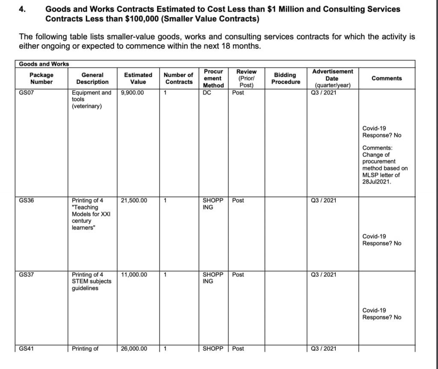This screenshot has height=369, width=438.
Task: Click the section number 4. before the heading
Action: [x=23, y=9]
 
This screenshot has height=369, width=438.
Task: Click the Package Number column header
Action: [x=41, y=78]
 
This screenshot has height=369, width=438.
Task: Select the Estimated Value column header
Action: [x=138, y=78]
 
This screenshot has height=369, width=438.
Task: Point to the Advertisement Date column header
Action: [x=332, y=78]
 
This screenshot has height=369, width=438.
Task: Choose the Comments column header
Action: [x=387, y=78]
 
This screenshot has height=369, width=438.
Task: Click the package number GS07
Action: [x=26, y=92]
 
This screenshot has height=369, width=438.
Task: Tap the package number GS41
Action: [x=26, y=348]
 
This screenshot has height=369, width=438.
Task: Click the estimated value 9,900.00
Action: [x=132, y=92]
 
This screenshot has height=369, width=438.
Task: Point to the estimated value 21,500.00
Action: [x=134, y=200]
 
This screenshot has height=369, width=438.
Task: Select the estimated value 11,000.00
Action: [x=134, y=275]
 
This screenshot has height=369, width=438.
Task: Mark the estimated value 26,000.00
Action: [x=134, y=348]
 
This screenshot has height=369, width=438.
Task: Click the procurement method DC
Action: [x=207, y=92]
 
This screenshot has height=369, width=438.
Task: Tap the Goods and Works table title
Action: [x=44, y=64]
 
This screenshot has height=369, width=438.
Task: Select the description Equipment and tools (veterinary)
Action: [x=91, y=99]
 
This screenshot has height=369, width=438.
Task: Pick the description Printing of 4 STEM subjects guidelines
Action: [x=91, y=281]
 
